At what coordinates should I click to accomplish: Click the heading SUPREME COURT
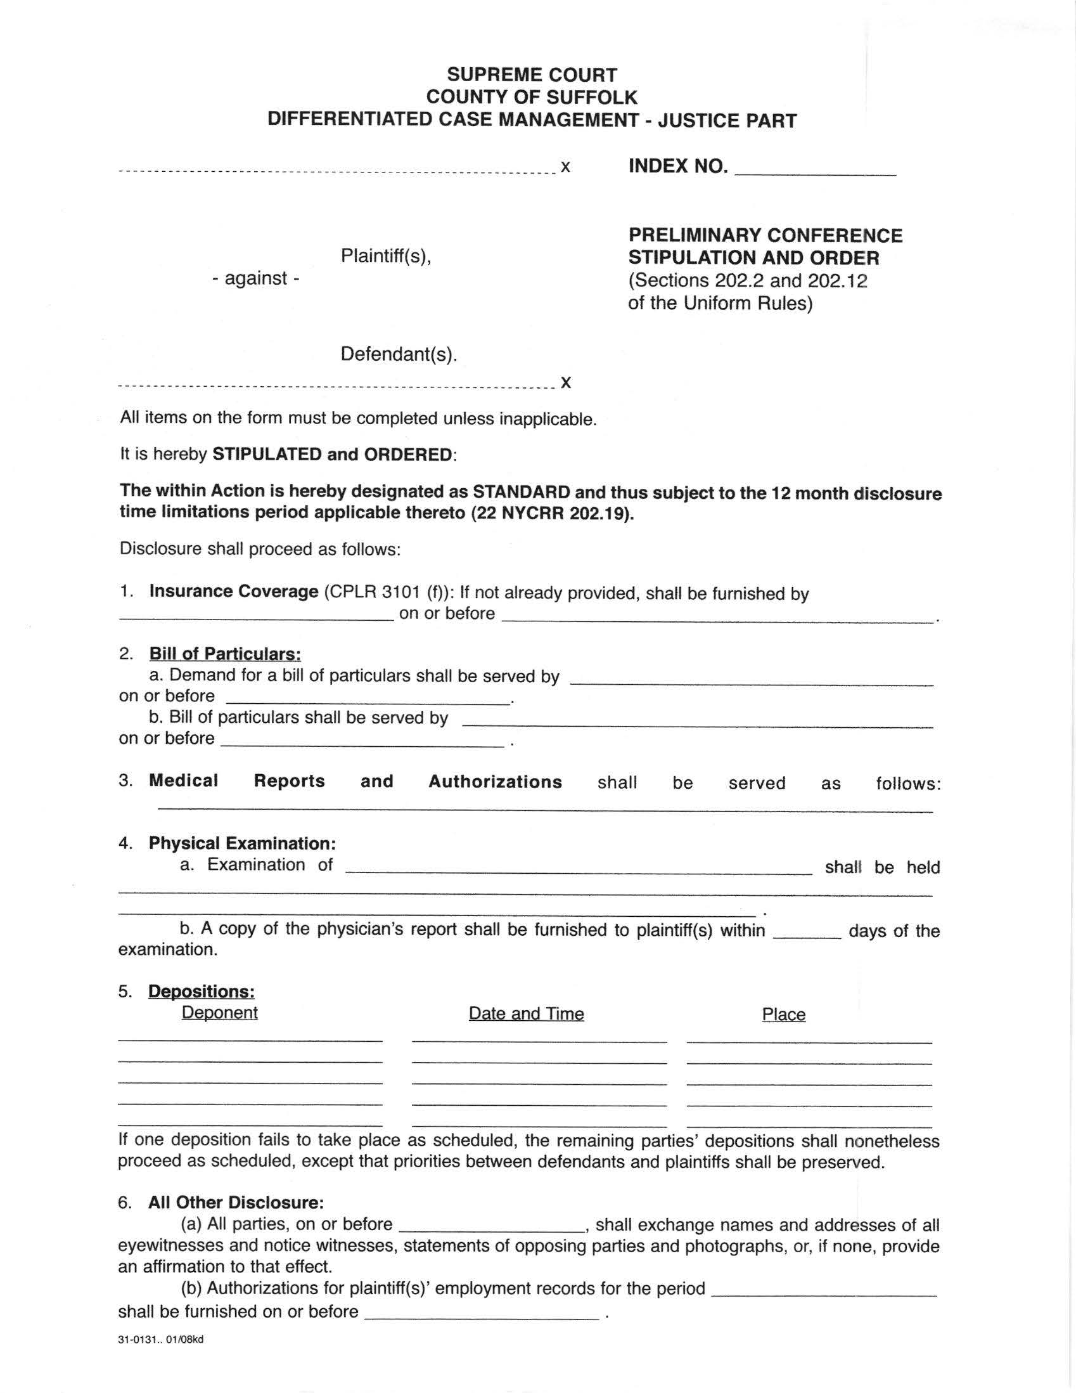(532, 75)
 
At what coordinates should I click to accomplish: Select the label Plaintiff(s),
(386, 256)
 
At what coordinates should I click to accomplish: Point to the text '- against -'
(255, 279)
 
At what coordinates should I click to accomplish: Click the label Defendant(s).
(399, 354)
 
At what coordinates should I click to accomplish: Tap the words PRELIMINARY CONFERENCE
(765, 235)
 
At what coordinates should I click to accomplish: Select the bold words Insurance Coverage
(233, 592)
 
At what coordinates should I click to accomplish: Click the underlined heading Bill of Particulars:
(224, 654)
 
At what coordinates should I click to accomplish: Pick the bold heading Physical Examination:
(242, 843)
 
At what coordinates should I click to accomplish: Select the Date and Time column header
(526, 1014)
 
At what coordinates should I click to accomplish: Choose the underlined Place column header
(783, 1014)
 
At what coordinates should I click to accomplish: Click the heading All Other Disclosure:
(236, 1203)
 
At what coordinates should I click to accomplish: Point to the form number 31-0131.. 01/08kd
(160, 1340)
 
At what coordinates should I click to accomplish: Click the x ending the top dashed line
(565, 168)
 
